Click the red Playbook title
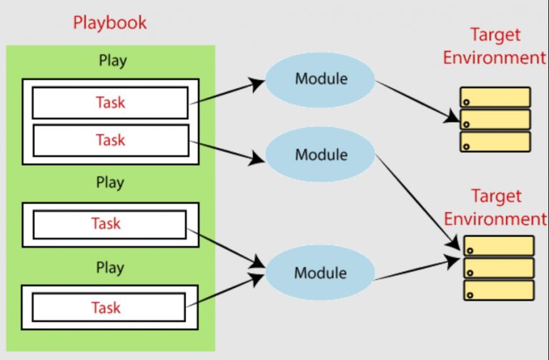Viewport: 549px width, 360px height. click(109, 23)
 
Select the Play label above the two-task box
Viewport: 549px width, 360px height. click(113, 61)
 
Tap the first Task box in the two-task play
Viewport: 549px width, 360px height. click(110, 103)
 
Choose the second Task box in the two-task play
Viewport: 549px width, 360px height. click(111, 140)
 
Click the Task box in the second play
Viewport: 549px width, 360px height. click(109, 224)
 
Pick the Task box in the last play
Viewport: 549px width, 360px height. click(109, 307)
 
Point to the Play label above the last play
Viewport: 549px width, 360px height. click(110, 269)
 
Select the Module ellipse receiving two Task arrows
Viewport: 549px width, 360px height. click(320, 273)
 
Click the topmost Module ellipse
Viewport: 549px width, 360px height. click(320, 79)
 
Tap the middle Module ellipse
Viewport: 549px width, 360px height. click(320, 154)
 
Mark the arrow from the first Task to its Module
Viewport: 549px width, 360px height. click(227, 92)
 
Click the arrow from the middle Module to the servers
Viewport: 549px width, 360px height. click(417, 202)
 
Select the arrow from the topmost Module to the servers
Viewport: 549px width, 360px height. click(417, 101)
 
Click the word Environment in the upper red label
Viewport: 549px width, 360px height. click(495, 58)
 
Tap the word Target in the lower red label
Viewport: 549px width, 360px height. click(496, 196)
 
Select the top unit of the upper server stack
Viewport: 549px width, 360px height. click(495, 97)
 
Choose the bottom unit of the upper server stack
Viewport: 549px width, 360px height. click(495, 141)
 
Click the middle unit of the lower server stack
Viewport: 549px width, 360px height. click(499, 268)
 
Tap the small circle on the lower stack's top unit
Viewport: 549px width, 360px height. click(470, 251)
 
